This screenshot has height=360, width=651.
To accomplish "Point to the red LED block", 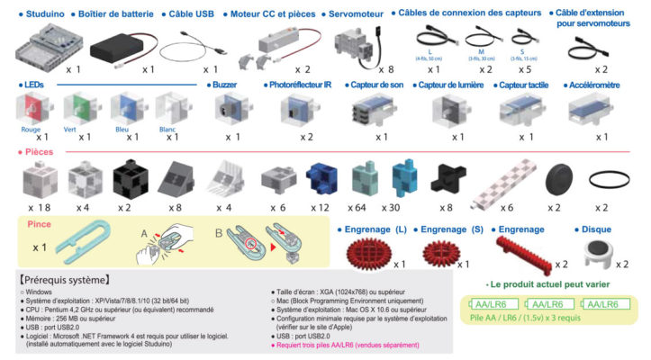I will click(33, 111).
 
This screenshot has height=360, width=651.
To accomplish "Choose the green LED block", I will click(78, 111).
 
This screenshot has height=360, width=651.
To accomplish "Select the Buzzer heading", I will click(225, 85).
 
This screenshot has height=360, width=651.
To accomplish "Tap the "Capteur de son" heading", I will click(377, 85).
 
